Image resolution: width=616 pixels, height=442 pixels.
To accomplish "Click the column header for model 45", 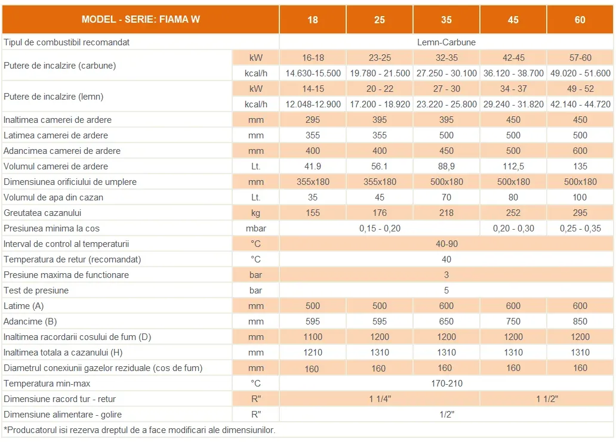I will pyautogui.click(x=513, y=20).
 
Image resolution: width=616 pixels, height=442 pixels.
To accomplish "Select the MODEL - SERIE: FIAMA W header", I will pyautogui.click(x=141, y=20).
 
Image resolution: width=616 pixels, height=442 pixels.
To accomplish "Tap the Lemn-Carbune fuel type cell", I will pyautogui.click(x=446, y=42).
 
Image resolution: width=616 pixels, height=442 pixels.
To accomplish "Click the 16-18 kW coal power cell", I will pyautogui.click(x=313, y=58).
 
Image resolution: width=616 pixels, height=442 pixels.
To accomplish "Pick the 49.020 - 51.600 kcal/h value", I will pyautogui.click(x=580, y=73).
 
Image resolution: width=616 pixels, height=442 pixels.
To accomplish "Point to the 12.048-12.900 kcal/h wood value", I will pyautogui.click(x=313, y=104).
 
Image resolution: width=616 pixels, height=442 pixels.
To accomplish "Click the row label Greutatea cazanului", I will pyautogui.click(x=42, y=213).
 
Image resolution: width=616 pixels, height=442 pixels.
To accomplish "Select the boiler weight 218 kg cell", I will pyautogui.click(x=446, y=213).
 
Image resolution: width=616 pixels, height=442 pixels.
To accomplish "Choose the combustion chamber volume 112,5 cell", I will pyautogui.click(x=513, y=166).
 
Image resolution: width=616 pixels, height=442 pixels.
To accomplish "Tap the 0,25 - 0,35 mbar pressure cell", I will pyautogui.click(x=580, y=228).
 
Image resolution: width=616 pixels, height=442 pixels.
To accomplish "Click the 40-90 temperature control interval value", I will pyautogui.click(x=446, y=244).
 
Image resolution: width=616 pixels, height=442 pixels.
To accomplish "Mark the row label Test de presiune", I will pyautogui.click(x=36, y=290).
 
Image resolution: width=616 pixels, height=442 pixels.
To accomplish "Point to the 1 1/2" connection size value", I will pyautogui.click(x=546, y=399).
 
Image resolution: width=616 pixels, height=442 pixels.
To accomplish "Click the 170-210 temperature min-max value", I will pyautogui.click(x=446, y=384).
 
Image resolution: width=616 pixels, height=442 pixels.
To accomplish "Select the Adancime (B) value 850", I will pyautogui.click(x=580, y=322).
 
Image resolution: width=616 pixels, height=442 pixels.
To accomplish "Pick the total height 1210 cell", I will pyautogui.click(x=313, y=353).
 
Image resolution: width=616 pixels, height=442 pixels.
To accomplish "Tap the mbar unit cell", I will pyautogui.click(x=255, y=228).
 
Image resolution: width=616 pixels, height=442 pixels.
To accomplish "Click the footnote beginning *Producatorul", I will pyautogui.click(x=140, y=430).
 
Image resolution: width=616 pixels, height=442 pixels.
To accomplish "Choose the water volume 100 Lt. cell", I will pyautogui.click(x=580, y=197).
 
